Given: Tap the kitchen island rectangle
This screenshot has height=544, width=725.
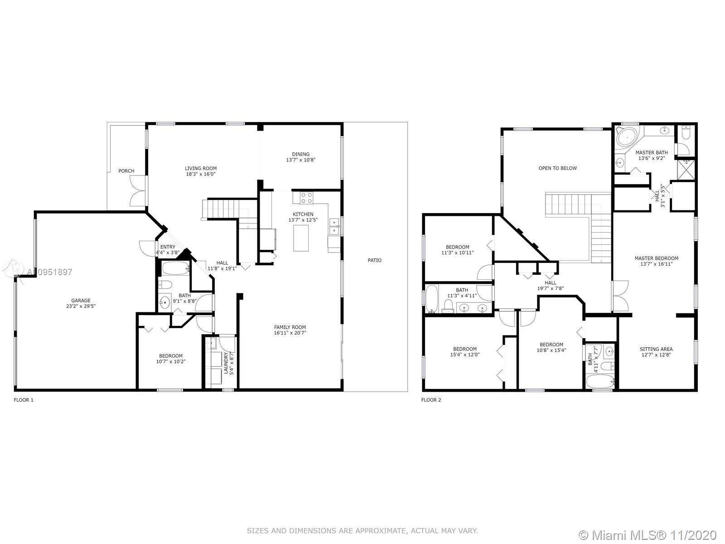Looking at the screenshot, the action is point(301,238).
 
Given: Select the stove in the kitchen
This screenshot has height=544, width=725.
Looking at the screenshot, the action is point(306,198).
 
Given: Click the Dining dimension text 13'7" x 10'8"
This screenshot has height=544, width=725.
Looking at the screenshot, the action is point(300,160).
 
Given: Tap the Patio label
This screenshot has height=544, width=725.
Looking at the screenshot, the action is point(375,260).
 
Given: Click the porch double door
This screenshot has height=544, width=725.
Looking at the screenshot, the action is point(138,191).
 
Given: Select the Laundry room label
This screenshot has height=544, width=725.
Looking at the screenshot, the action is point(226,363).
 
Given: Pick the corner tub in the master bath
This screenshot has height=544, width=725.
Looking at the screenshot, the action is point(627,137).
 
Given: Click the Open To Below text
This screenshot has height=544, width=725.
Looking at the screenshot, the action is point(557,168).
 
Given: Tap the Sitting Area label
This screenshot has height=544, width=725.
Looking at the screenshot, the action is point(656,349).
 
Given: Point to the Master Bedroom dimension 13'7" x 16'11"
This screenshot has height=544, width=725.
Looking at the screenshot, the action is point(657,264).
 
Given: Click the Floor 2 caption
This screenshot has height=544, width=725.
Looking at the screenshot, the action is point(431,400).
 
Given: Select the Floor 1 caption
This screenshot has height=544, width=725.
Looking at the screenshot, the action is point(24,400).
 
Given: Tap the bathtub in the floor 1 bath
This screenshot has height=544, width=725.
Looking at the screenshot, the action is point(176,268).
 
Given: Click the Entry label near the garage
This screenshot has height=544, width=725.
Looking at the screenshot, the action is point(168,247).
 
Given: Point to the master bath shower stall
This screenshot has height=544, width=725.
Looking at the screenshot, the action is point(686,170).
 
